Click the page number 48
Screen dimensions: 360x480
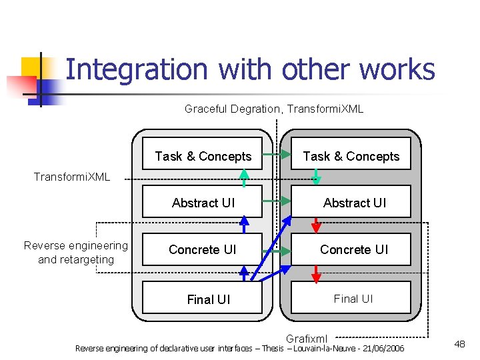tap(459, 344)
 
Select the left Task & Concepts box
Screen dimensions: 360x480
tap(203, 156)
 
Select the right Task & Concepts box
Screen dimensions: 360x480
tap(351, 156)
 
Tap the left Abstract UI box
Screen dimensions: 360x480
tap(203, 203)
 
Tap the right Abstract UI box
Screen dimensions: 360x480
tap(354, 203)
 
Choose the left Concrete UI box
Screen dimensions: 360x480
tap(203, 249)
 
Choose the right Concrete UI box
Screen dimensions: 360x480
tap(353, 249)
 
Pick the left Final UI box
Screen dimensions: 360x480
tap(208, 299)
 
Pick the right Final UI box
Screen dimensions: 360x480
tap(353, 299)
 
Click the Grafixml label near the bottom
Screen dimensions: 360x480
tap(306, 338)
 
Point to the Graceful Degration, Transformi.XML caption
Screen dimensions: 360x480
tap(273, 109)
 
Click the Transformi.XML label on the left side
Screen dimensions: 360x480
tap(72, 177)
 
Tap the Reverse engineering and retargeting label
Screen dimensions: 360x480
tap(76, 253)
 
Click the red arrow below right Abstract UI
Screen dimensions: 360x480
tap(317, 225)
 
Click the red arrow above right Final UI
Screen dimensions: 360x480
tap(317, 273)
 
